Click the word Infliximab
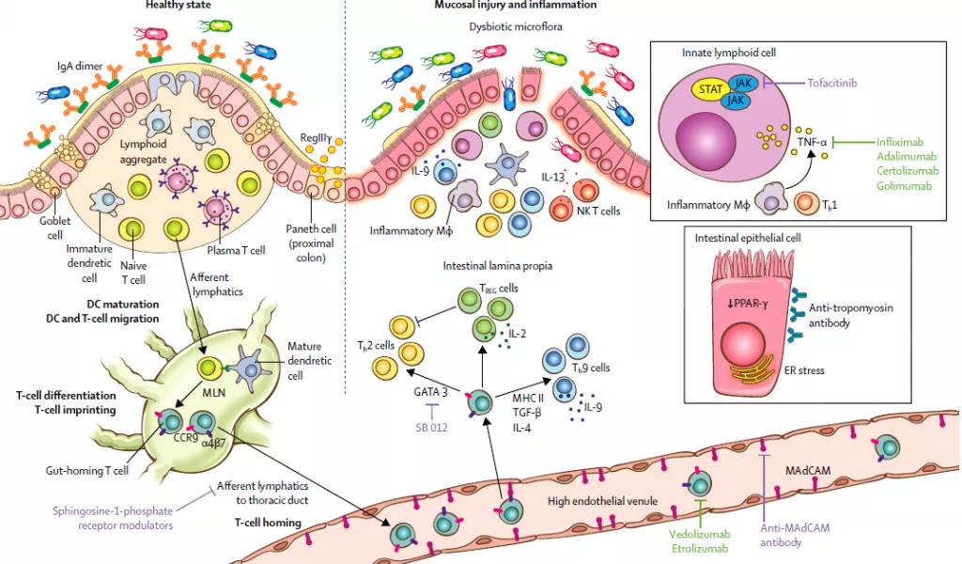(904, 142)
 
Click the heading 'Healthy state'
(178, 6)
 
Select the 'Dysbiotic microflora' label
(516, 27)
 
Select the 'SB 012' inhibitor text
(433, 428)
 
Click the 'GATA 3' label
(432, 391)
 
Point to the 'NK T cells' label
(598, 211)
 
